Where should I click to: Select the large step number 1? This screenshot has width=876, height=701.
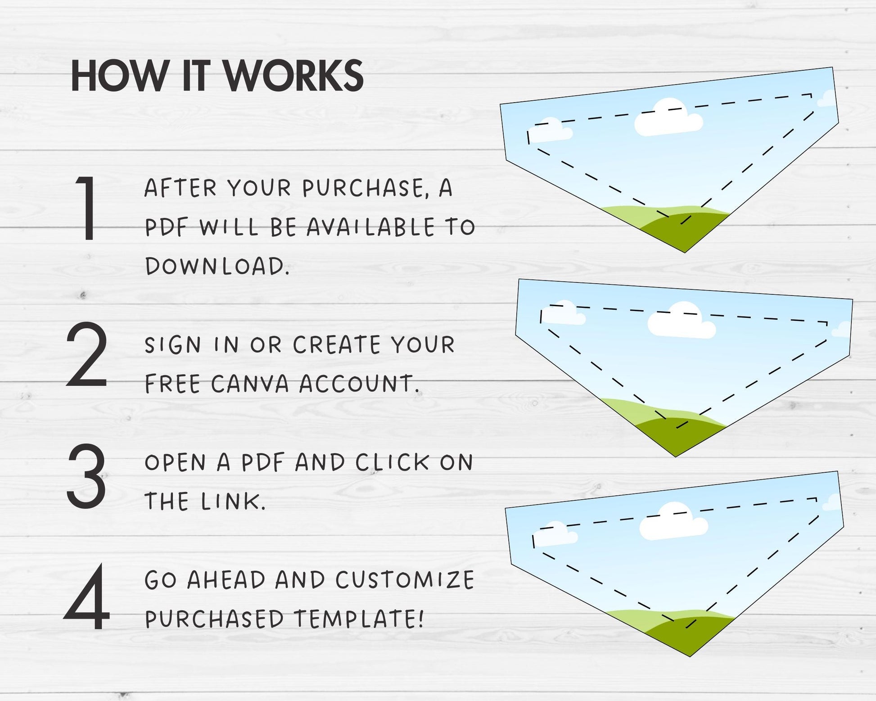point(86,208)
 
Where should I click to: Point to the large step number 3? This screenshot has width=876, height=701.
point(86,475)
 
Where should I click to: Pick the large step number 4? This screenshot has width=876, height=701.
point(86,597)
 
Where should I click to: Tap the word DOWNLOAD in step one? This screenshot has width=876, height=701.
point(217,266)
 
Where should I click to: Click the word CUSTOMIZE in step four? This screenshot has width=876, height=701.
point(405,580)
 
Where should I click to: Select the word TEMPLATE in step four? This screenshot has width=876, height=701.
point(359,619)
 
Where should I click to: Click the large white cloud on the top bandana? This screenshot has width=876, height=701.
point(668,118)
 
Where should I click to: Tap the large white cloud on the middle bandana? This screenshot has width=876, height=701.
point(682,321)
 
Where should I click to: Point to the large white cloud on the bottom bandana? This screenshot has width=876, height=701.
point(674,521)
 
